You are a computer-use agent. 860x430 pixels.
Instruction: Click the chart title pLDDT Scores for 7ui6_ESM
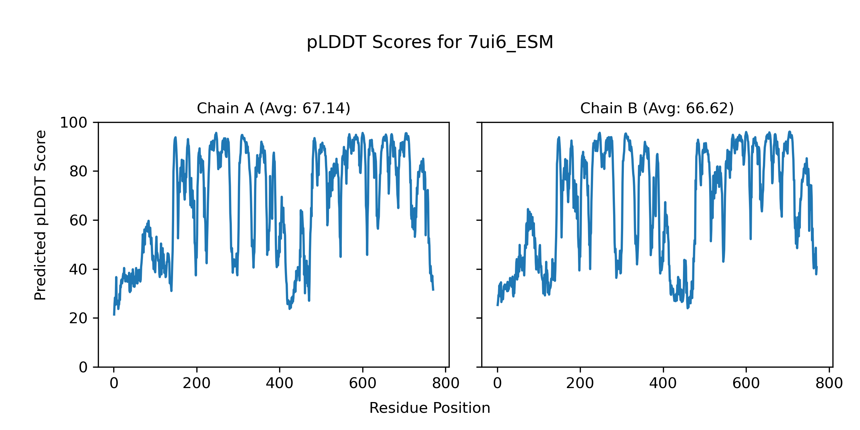pos(430,42)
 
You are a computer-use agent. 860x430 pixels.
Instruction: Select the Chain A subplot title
pos(273,108)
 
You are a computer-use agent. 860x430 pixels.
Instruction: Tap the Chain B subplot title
pos(657,108)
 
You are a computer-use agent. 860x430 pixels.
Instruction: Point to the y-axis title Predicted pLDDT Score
pos(40,215)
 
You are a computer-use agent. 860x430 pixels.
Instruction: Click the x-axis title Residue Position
pos(430,408)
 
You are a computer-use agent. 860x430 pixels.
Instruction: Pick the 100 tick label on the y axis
pos(73,123)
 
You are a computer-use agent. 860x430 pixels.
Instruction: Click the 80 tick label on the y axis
pos(78,172)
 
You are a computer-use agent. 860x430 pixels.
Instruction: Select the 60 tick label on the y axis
pos(78,220)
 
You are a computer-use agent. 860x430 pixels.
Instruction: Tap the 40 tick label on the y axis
pos(78,269)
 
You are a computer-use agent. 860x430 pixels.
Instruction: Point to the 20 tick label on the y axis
pos(78,318)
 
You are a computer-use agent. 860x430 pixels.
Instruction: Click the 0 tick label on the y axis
pos(83,367)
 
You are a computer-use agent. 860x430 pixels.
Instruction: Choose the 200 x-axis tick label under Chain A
pos(197,383)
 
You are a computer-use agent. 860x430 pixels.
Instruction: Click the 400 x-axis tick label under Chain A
pos(279,383)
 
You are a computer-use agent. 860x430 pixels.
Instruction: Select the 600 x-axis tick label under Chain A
pos(363,383)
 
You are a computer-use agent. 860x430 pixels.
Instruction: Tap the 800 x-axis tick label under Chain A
pos(445,383)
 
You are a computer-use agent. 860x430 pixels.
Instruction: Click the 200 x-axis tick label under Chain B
pos(580,383)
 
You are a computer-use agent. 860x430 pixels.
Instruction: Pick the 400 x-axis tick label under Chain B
pos(663,383)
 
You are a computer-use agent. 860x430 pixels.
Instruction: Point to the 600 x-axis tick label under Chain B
pos(746,383)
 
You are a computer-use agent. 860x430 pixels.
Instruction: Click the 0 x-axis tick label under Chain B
pos(497,383)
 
